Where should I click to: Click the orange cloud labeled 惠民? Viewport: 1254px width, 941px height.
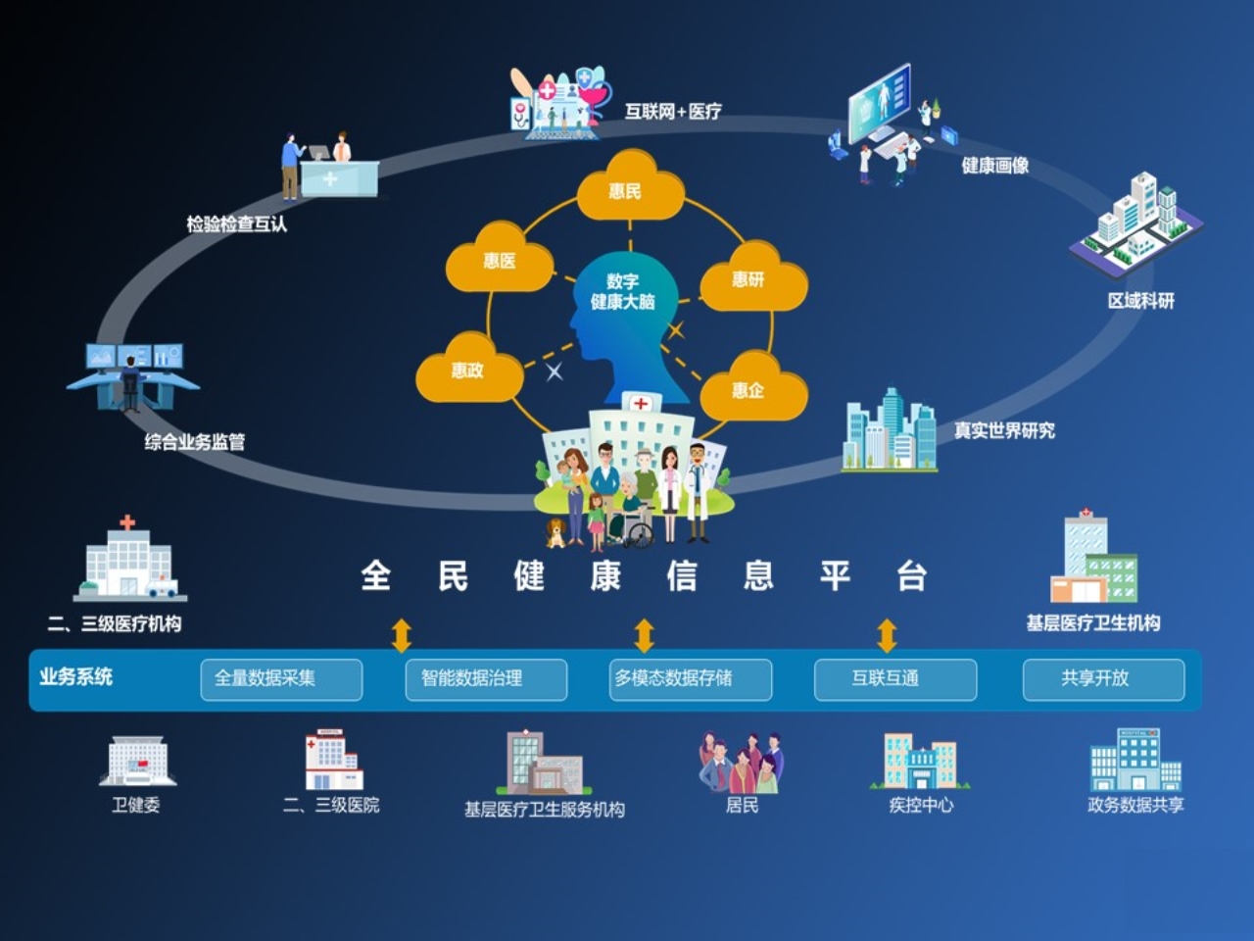click(x=629, y=189)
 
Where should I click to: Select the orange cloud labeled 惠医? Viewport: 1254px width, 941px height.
click(x=499, y=260)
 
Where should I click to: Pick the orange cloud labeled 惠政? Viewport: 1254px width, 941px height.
click(x=468, y=370)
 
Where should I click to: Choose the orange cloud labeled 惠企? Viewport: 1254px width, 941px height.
click(x=751, y=389)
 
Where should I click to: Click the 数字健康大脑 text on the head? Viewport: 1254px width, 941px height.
click(x=623, y=292)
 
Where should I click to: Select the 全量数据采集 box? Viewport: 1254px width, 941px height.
click(x=281, y=678)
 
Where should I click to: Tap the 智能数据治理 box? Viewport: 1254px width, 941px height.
click(x=486, y=678)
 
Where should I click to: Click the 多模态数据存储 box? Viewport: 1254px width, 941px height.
click(x=691, y=678)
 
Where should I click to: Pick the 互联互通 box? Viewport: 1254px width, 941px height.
click(x=895, y=678)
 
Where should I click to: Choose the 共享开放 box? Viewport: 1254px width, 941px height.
click(x=1103, y=678)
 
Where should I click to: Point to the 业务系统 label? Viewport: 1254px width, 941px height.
click(x=75, y=676)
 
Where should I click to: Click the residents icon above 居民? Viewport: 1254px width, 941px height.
click(x=741, y=763)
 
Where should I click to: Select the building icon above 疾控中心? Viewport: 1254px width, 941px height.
click(x=919, y=762)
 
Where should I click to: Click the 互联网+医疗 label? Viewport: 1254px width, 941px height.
click(x=674, y=112)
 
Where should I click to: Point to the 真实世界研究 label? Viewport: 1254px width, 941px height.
click(x=1004, y=430)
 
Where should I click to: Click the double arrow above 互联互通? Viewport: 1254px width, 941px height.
click(x=887, y=635)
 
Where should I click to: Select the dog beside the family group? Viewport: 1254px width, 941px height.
click(x=555, y=532)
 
